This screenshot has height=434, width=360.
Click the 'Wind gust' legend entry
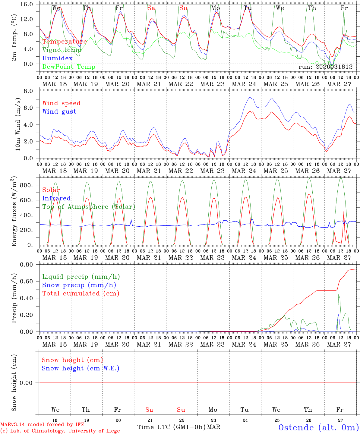(59, 112)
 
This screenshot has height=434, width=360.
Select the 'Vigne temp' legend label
(62, 50)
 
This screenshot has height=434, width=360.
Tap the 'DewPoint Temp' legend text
(69, 67)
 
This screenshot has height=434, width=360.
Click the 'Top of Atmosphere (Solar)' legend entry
(89, 207)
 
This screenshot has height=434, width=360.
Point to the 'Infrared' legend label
(56, 198)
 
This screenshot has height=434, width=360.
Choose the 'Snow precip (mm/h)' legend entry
(79, 285)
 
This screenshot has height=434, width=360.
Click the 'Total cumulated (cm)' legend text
(81, 293)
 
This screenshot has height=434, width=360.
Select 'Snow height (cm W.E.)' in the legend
(81, 368)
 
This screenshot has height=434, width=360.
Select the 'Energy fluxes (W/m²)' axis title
(14, 212)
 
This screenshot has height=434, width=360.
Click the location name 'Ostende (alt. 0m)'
(319, 427)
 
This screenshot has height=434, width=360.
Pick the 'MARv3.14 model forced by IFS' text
(42, 425)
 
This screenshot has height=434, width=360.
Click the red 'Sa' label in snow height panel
(149, 410)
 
